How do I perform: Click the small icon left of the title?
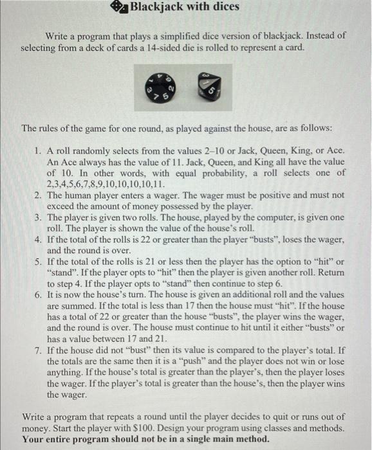(120, 7)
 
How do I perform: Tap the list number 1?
(38, 150)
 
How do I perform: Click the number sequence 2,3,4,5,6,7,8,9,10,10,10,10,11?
(90, 184)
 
